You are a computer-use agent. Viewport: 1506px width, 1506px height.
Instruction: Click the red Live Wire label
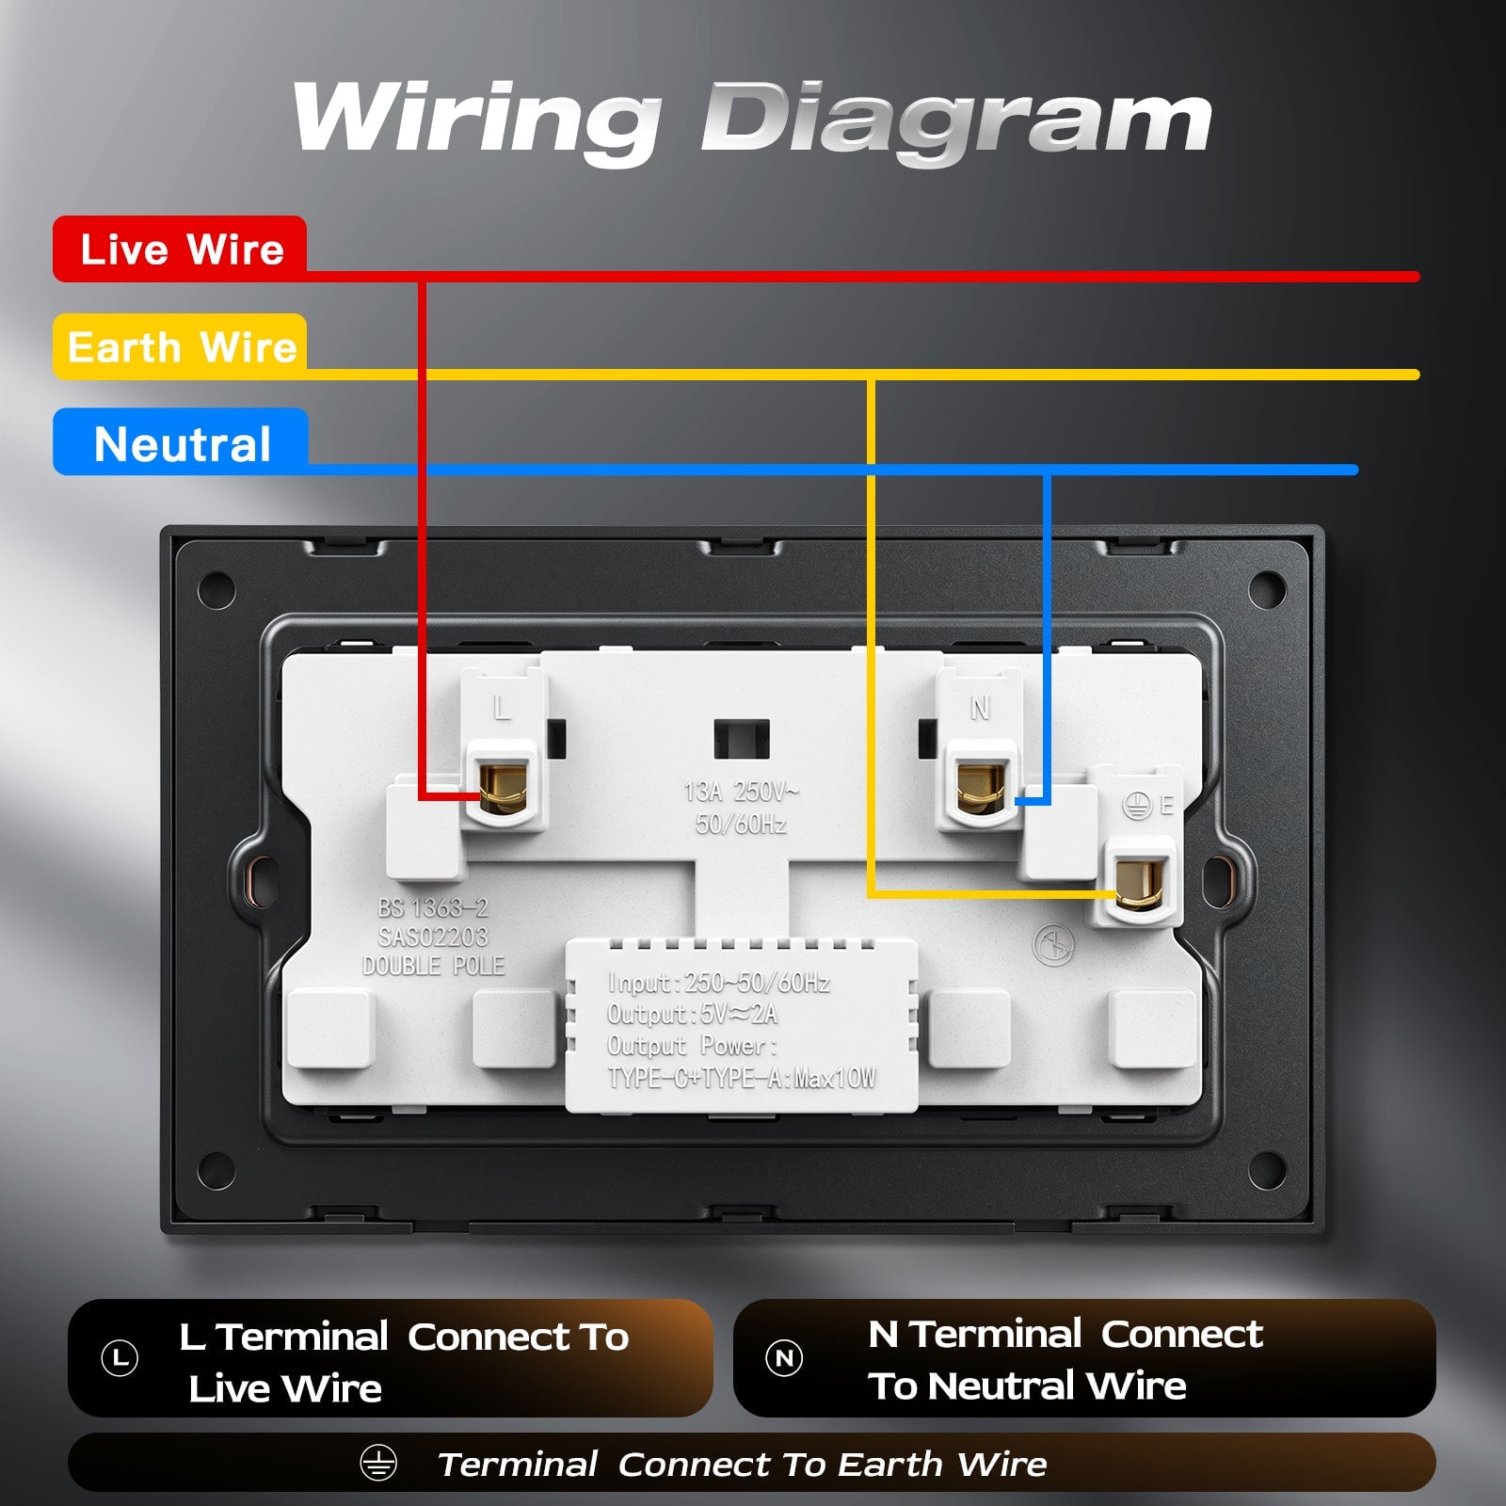(x=180, y=248)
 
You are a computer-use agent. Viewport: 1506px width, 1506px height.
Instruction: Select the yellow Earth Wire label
(x=180, y=346)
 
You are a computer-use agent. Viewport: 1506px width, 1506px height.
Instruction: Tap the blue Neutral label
(x=180, y=442)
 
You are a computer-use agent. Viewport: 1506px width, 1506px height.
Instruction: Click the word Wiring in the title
(x=476, y=120)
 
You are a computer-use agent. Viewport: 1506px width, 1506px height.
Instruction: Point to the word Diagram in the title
(x=956, y=120)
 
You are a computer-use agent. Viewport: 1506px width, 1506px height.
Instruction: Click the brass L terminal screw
(x=503, y=787)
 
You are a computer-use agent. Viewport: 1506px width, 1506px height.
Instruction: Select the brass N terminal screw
(x=981, y=787)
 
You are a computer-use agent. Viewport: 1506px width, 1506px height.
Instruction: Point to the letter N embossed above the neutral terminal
(x=980, y=708)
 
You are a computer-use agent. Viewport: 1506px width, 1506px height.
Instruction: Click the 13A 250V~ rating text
(x=741, y=792)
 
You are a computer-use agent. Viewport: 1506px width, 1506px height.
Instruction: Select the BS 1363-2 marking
(x=433, y=907)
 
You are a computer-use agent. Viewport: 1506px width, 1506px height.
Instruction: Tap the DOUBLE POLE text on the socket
(x=434, y=966)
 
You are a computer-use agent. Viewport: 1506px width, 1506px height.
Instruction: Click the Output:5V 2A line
(x=693, y=1014)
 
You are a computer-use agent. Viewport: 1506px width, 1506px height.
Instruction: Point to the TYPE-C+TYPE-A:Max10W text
(x=742, y=1078)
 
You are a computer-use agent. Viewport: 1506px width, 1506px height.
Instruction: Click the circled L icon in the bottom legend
(x=120, y=1358)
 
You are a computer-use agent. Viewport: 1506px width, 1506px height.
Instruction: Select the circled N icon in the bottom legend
(x=784, y=1358)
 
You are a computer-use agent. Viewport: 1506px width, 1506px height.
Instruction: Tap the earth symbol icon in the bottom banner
(x=378, y=1463)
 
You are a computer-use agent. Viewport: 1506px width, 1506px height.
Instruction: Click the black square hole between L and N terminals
(x=742, y=739)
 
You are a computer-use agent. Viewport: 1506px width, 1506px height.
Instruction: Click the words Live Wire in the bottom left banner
(x=285, y=1388)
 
